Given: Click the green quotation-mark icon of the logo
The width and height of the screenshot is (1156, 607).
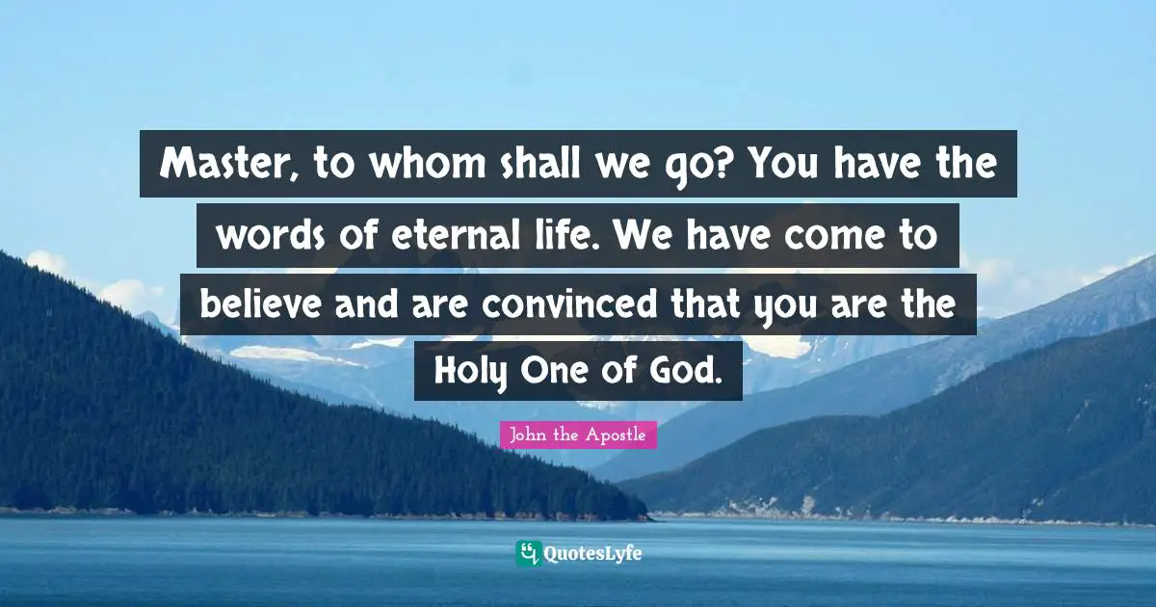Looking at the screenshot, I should [x=527, y=553].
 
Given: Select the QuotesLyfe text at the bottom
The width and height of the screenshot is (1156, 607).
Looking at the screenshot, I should [x=593, y=554].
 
